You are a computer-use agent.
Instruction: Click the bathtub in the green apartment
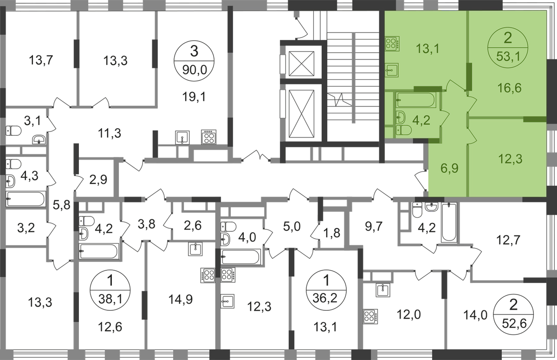(x=416, y=99)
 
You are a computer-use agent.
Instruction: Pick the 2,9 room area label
(x=98, y=179)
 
